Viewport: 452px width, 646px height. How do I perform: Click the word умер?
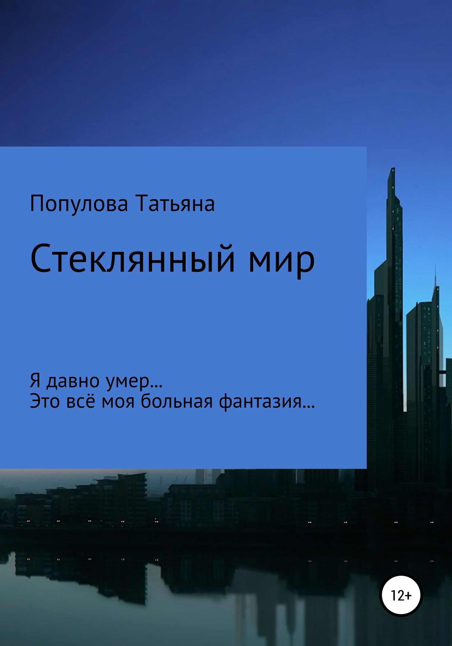click(x=128, y=382)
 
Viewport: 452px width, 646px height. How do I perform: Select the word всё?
click(x=80, y=401)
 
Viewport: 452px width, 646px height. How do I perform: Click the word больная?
click(x=177, y=401)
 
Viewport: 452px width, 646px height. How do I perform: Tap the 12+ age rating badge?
click(x=401, y=595)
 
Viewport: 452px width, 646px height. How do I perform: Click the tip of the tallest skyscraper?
click(x=393, y=169)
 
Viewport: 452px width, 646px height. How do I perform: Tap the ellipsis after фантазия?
click(x=309, y=407)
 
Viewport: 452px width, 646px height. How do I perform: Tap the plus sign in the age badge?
click(x=408, y=595)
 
